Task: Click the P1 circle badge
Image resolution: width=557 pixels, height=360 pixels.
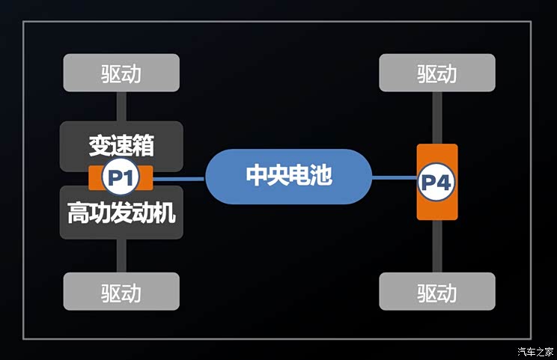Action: (121, 177)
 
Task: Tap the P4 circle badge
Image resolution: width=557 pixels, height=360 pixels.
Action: (436, 182)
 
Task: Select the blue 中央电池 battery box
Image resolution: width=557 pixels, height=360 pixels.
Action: (288, 177)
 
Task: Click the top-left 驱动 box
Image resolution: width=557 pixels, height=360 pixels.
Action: (121, 73)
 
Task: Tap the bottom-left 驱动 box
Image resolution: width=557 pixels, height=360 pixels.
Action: (121, 291)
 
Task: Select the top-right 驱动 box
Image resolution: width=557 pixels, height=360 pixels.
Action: (437, 73)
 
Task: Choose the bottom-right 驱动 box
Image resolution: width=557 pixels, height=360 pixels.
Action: (437, 291)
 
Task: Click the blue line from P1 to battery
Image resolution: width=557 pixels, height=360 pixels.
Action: (179, 179)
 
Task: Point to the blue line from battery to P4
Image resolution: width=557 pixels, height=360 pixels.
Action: (395, 177)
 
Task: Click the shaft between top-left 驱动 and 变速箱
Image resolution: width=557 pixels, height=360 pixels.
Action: (121, 106)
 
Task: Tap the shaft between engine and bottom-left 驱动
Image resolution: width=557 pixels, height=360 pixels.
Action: (121, 256)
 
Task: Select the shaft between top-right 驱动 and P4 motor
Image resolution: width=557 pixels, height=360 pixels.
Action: (437, 118)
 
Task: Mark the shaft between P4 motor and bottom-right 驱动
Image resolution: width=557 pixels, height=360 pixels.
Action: (437, 246)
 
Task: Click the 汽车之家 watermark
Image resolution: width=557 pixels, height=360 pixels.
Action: (535, 352)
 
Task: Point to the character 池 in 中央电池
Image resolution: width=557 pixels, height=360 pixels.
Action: (320, 174)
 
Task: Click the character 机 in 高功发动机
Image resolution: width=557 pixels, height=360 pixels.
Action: (165, 213)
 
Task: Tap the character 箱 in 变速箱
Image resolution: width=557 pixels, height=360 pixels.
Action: (143, 145)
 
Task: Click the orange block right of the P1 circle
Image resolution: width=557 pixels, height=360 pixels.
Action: (146, 177)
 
